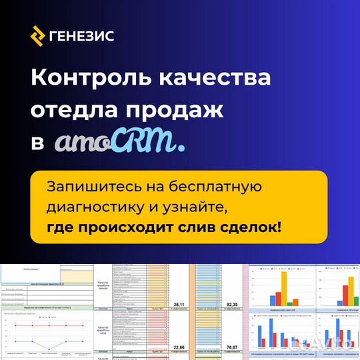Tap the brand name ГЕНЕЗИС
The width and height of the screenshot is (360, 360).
(x=82, y=35)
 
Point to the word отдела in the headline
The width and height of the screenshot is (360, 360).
(x=73, y=110)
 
